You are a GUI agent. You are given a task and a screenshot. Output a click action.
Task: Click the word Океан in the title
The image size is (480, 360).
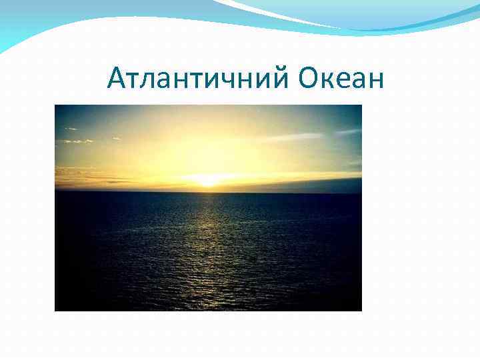(341, 79)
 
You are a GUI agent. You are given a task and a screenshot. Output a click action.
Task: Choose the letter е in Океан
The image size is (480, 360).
(346, 81)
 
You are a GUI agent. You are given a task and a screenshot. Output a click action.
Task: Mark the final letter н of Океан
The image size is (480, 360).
(377, 81)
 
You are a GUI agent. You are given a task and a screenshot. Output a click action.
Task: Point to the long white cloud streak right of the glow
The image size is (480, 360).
(293, 137)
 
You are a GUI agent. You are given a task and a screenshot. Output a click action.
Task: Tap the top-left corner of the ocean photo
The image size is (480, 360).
(56, 106)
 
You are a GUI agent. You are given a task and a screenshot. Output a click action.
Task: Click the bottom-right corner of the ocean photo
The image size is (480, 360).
(361, 310)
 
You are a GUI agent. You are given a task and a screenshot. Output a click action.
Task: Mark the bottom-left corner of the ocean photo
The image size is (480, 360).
(56, 310)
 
